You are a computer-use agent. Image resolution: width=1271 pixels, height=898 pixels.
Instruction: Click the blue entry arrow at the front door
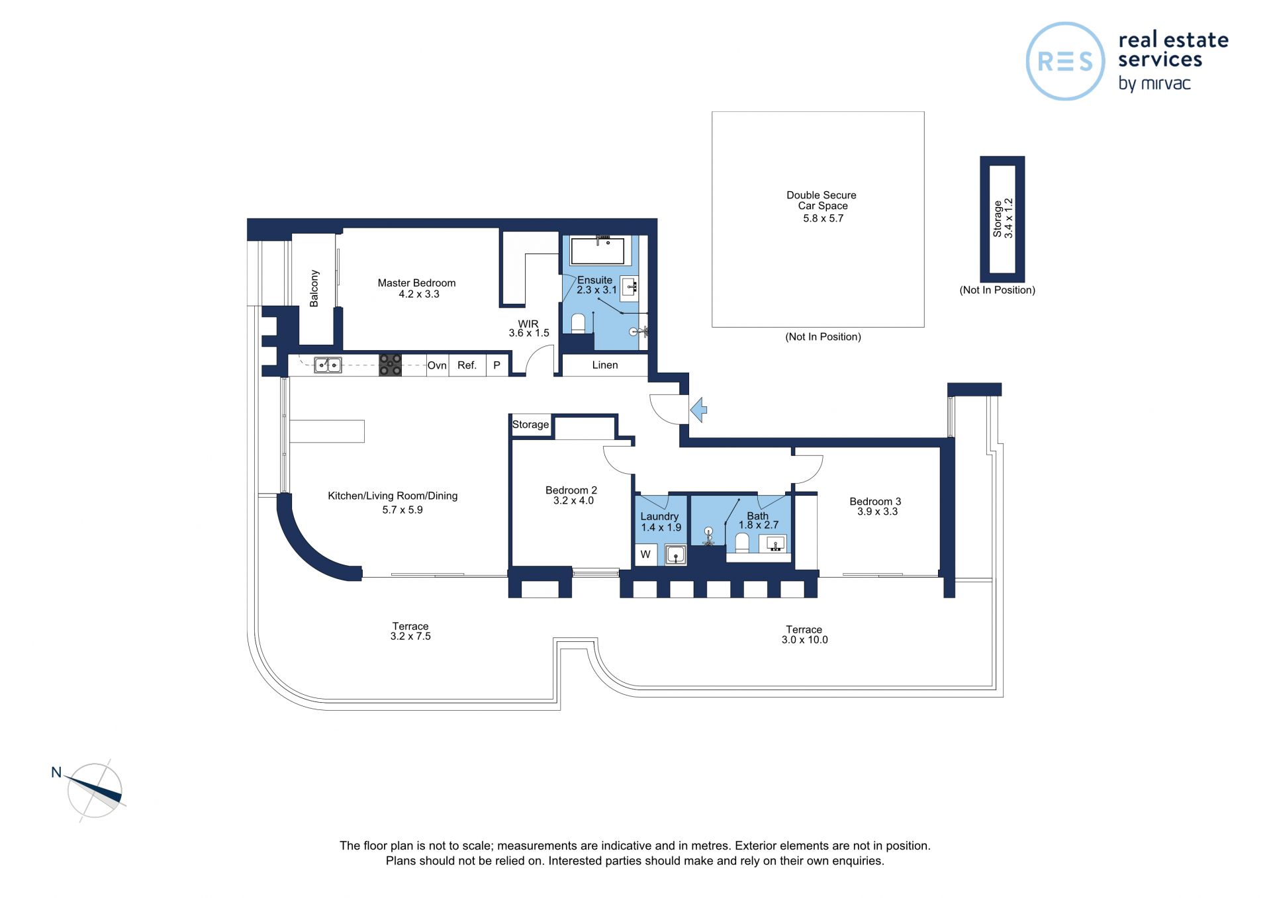click(x=698, y=410)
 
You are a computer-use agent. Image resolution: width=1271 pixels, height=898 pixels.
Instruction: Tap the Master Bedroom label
click(x=416, y=283)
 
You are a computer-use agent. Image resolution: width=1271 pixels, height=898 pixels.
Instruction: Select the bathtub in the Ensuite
click(x=598, y=251)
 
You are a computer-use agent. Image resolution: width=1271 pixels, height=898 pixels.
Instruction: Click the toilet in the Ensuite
click(x=578, y=323)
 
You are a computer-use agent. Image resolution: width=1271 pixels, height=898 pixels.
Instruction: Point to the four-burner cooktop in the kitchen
click(x=390, y=365)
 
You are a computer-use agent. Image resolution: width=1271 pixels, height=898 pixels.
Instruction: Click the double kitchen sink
click(x=328, y=365)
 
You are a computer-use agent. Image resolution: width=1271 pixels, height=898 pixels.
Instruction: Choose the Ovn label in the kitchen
click(x=437, y=365)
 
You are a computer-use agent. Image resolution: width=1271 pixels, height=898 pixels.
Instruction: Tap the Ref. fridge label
click(x=467, y=365)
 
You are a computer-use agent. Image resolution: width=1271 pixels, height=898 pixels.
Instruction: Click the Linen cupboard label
click(x=605, y=365)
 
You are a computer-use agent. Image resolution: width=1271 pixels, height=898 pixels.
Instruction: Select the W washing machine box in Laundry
click(x=645, y=555)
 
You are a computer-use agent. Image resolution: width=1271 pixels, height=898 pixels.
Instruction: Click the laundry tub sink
click(x=675, y=555)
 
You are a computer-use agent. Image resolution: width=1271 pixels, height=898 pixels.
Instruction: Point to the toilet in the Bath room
click(x=742, y=543)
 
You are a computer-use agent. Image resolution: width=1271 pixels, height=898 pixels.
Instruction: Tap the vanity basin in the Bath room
click(x=776, y=544)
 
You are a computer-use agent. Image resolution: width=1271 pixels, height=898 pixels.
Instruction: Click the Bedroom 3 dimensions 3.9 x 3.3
click(x=878, y=512)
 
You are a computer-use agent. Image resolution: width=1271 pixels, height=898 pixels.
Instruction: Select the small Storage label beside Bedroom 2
click(x=530, y=425)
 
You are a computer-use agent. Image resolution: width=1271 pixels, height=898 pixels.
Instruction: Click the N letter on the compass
click(x=56, y=772)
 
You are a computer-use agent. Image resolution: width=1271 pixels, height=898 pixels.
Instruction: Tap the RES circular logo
click(x=1065, y=62)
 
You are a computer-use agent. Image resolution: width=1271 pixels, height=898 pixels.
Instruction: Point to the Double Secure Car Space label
click(x=822, y=201)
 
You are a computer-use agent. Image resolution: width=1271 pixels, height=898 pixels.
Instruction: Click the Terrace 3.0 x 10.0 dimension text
click(x=804, y=640)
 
